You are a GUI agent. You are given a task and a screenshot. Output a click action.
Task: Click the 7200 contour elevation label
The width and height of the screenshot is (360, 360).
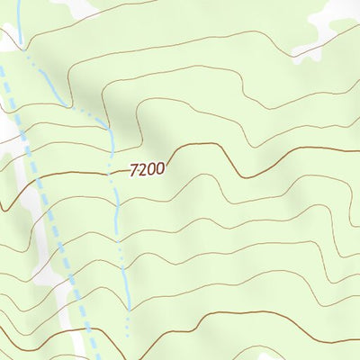147,169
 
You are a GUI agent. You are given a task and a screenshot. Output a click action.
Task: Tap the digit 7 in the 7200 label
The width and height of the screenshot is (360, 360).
134,169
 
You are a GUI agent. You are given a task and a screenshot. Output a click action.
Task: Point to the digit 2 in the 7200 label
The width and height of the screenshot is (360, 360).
142,169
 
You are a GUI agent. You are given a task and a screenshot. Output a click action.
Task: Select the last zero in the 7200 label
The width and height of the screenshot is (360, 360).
159,169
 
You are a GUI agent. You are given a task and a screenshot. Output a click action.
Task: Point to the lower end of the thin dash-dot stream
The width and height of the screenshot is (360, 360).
128,335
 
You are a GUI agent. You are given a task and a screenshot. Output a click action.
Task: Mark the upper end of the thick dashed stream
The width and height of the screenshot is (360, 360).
2,63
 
